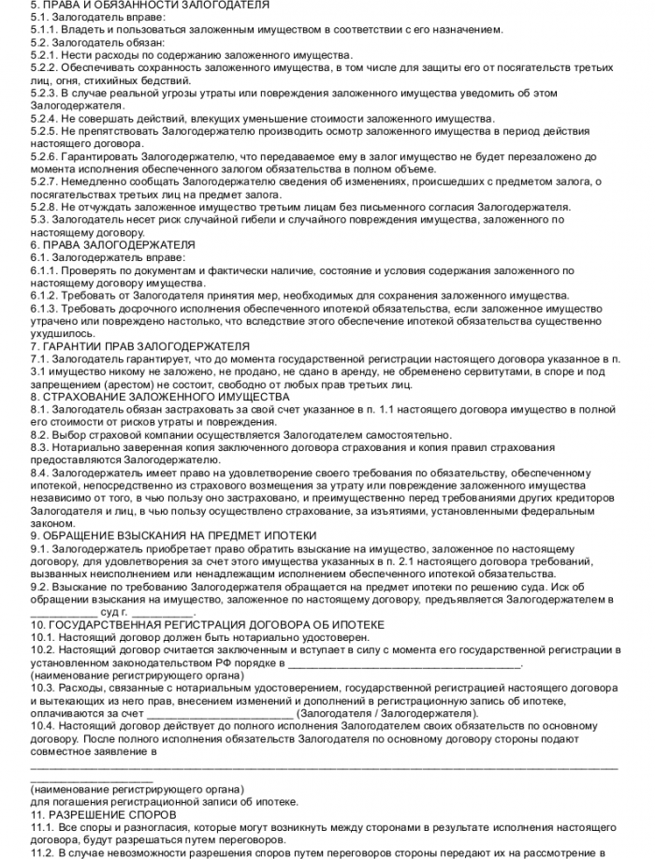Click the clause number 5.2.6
43,157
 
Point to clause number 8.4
39,473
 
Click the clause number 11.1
42,828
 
